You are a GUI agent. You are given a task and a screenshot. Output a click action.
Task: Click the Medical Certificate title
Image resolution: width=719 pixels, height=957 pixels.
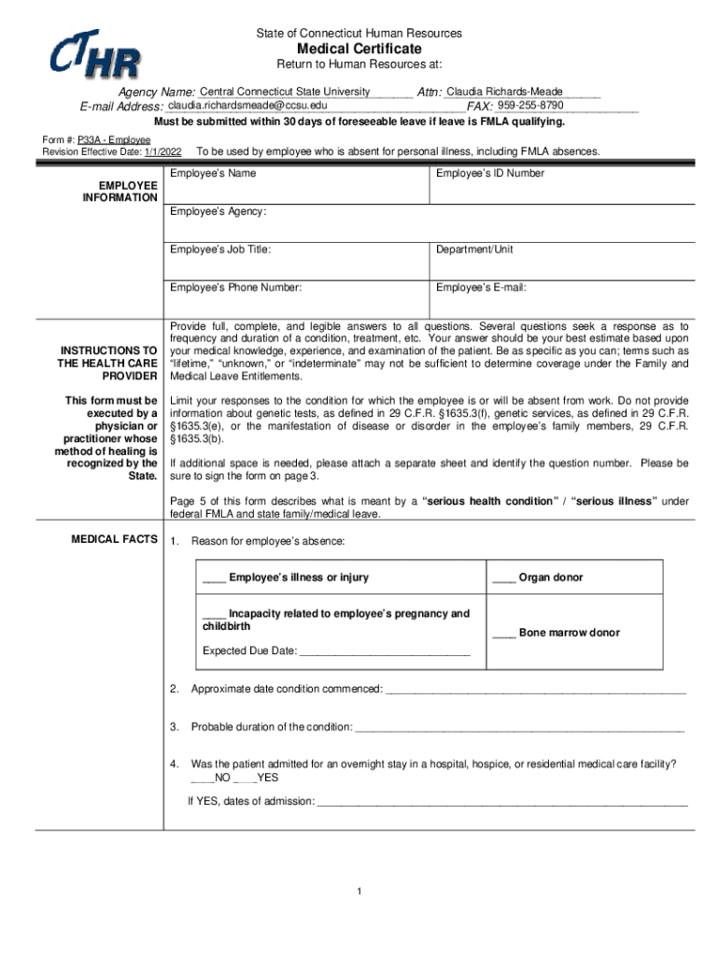(359, 49)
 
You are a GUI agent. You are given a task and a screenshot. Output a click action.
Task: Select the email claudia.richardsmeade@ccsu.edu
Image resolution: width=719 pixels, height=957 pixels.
(247, 106)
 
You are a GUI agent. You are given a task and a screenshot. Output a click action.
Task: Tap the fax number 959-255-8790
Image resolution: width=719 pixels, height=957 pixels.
(529, 106)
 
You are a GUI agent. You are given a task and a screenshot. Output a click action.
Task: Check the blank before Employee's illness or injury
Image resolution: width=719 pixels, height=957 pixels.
(214, 578)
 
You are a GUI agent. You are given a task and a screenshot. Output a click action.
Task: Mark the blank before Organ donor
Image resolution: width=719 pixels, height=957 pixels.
(503, 578)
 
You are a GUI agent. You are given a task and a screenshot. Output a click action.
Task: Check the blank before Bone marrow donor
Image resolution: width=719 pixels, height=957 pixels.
(503, 634)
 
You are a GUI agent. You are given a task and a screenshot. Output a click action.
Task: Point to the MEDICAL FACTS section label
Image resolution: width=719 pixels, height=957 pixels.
(114, 540)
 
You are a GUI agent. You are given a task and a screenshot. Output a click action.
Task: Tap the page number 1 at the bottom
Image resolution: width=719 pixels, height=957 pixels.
(359, 891)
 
